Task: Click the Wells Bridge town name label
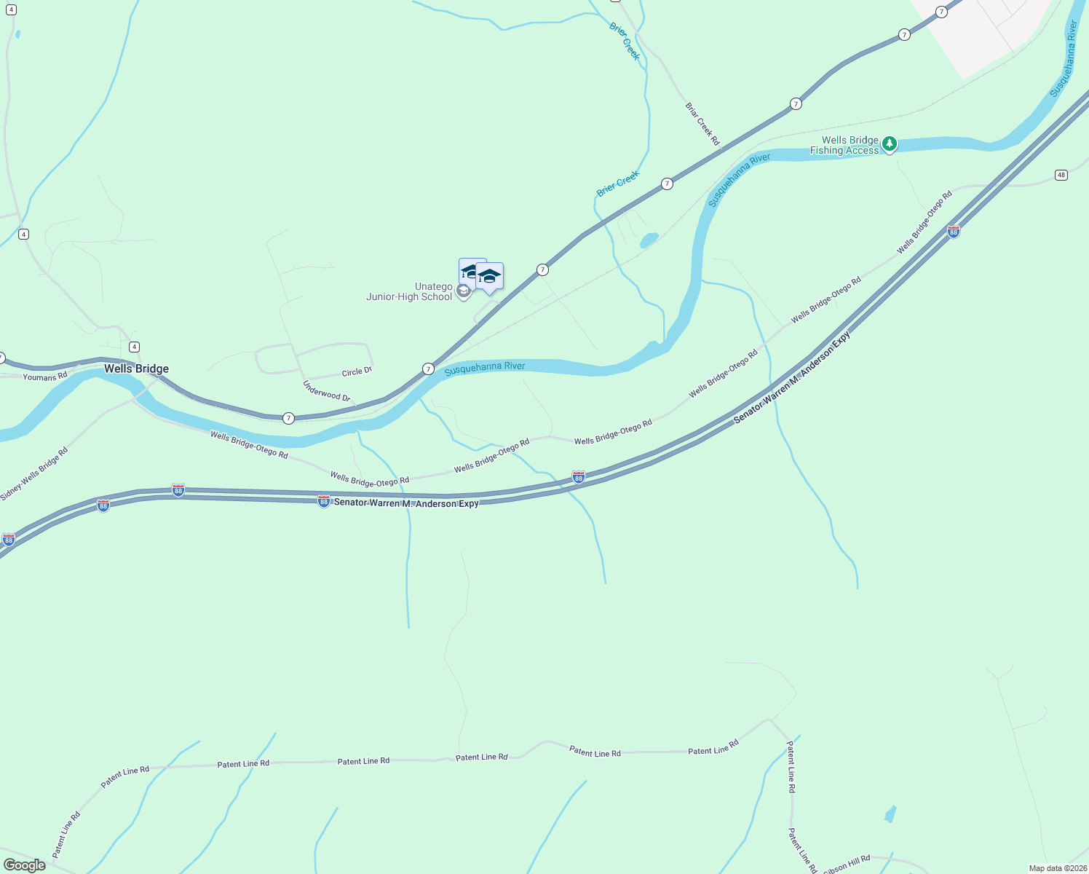(136, 369)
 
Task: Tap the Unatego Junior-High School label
(409, 291)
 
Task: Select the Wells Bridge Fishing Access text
(844, 146)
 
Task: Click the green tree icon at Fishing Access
(889, 144)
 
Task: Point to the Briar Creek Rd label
(702, 124)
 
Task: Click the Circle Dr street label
(357, 371)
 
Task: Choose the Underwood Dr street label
(327, 391)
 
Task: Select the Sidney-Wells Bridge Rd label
(34, 473)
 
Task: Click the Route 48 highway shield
(1061, 175)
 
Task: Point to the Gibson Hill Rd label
(847, 866)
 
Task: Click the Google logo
(24, 865)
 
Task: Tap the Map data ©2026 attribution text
(1057, 868)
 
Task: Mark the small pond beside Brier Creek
(649, 239)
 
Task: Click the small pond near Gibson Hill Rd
(890, 814)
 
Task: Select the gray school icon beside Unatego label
(463, 292)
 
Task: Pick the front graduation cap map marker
(489, 277)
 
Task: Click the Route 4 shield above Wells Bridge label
(133, 347)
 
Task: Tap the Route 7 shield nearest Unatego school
(542, 269)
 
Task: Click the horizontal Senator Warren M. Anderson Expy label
(406, 503)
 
